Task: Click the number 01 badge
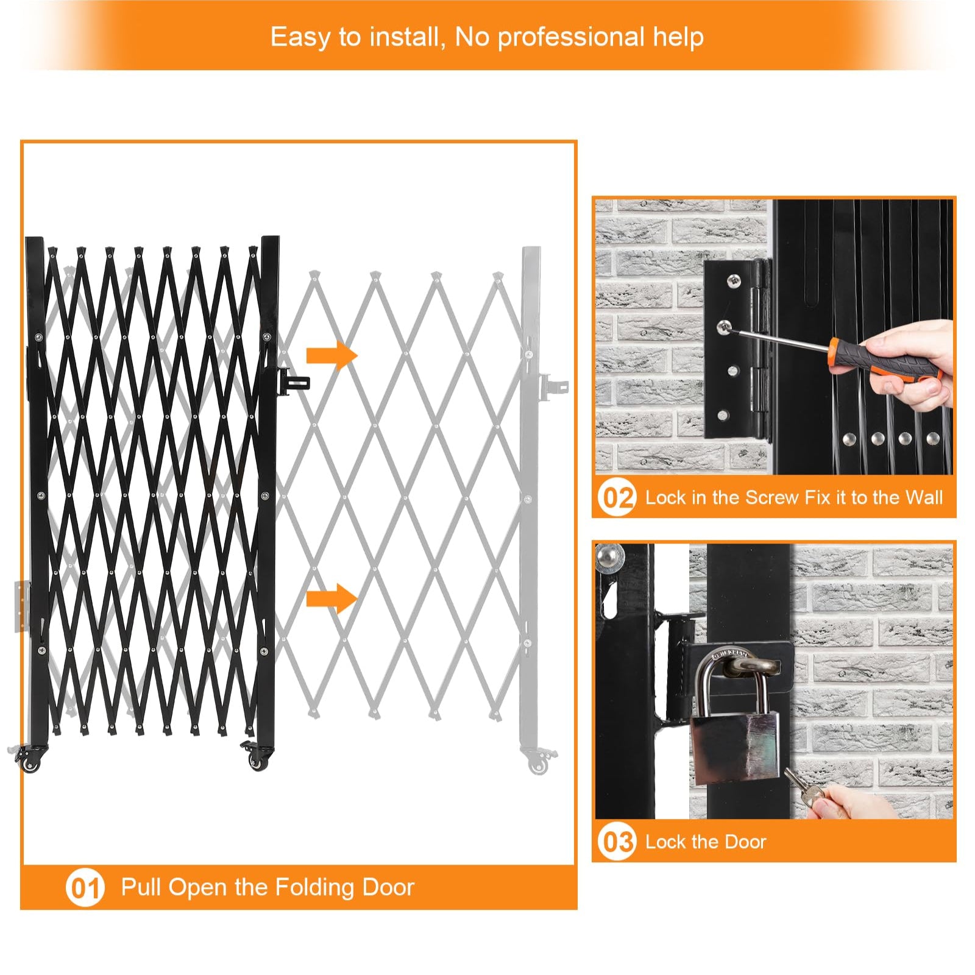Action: [x=85, y=887]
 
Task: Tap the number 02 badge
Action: [x=617, y=497]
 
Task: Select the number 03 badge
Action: [x=617, y=842]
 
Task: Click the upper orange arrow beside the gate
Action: [x=331, y=355]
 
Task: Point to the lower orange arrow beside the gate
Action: [x=331, y=598]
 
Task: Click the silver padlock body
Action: [x=734, y=748]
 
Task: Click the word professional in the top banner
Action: [x=571, y=38]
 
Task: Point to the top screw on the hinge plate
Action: [x=733, y=281]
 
